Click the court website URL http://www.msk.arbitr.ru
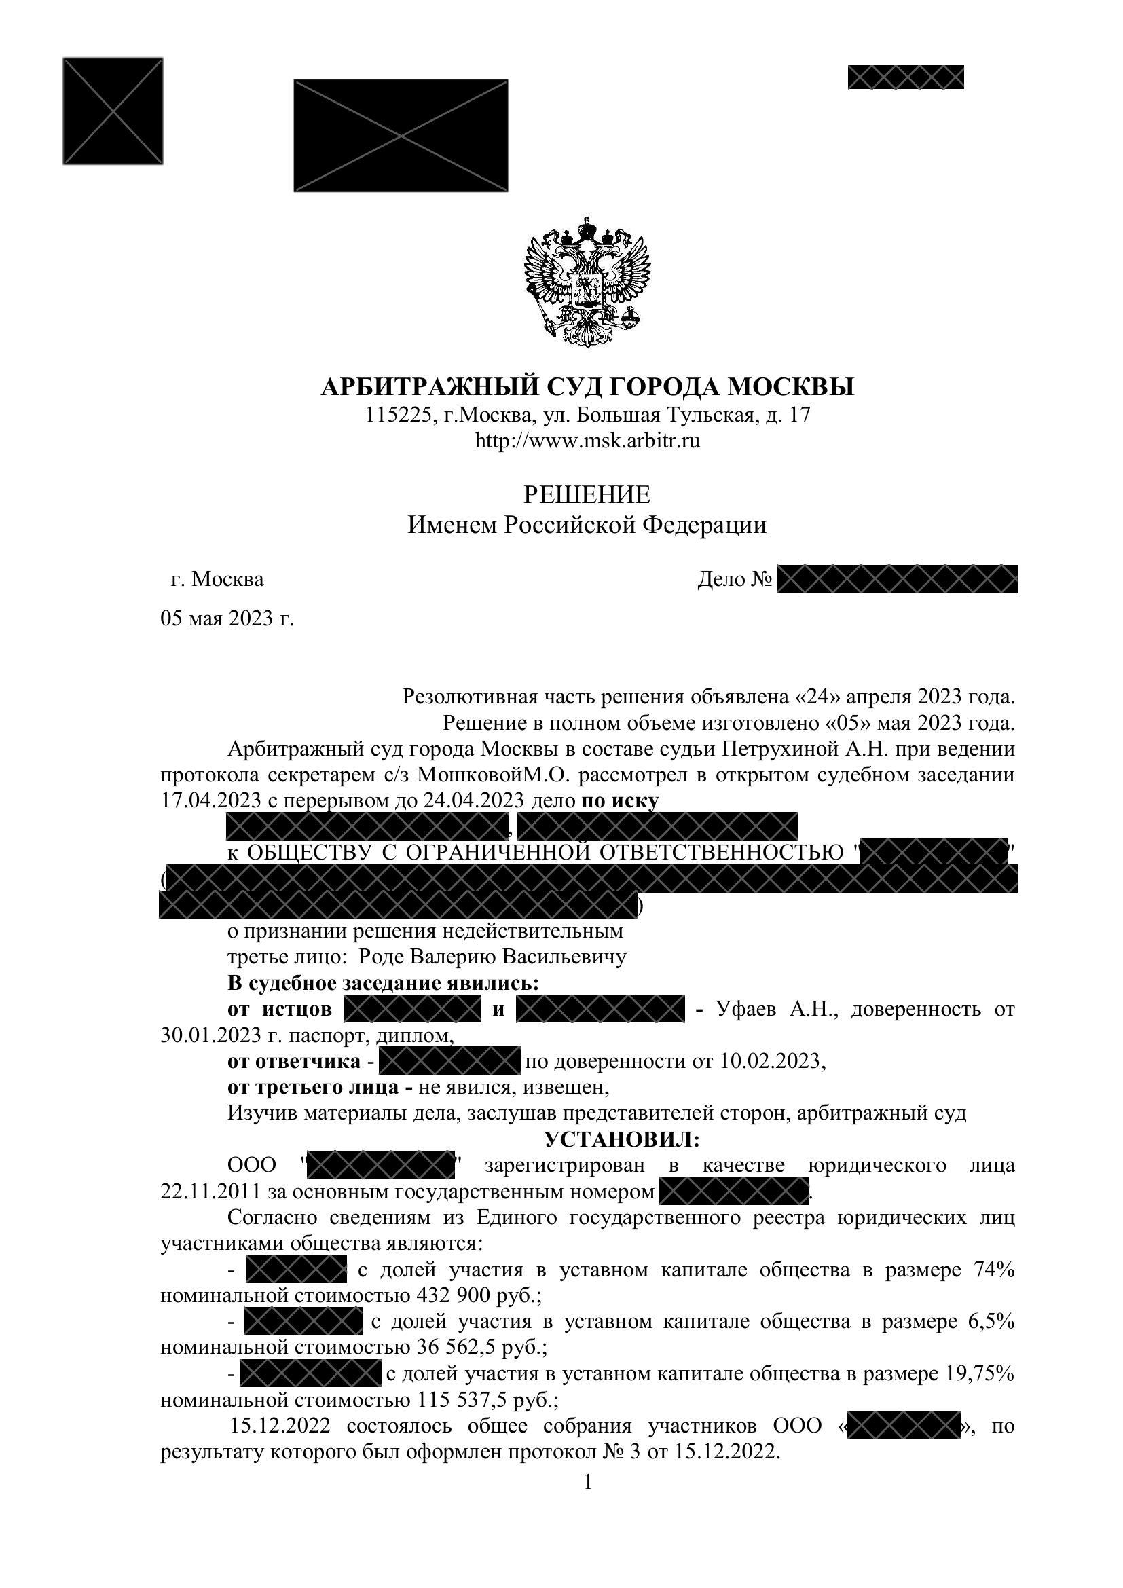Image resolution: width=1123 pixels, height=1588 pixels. tap(587, 441)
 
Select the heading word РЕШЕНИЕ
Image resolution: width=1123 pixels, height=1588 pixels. tap(587, 495)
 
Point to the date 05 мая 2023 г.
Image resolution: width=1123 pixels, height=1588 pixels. tap(227, 618)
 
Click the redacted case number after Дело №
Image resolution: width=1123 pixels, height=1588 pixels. tap(897, 579)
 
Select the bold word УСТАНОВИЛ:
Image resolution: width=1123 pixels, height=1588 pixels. tap(623, 1139)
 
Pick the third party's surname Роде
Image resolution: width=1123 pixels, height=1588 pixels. tap(381, 957)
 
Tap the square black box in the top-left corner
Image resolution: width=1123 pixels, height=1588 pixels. tap(113, 111)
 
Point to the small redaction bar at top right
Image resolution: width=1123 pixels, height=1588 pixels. tap(906, 77)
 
